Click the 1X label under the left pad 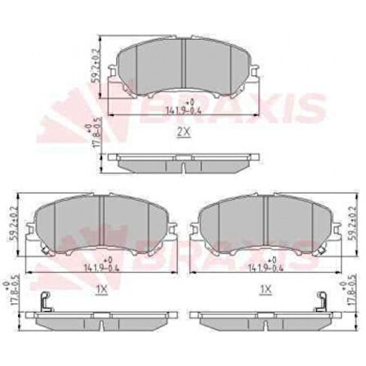[100, 290]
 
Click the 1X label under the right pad [264, 290]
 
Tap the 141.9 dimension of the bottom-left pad [100, 266]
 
